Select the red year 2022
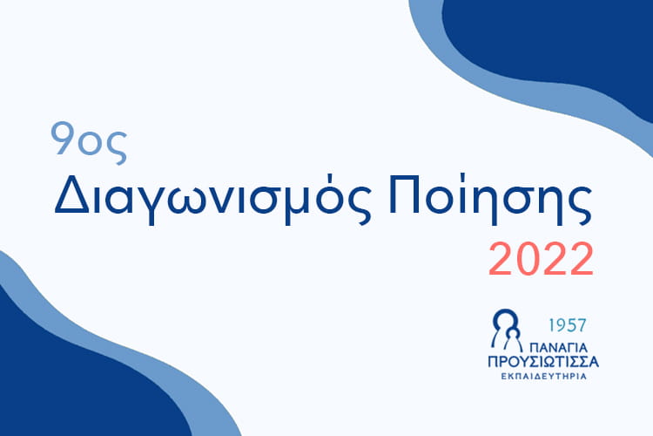541,259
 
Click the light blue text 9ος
89,142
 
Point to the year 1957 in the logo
567,325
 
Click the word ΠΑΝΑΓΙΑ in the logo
558,348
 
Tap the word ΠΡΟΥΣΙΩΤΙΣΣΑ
543,361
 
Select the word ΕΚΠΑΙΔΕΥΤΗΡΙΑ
543,377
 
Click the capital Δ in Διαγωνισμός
71,194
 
